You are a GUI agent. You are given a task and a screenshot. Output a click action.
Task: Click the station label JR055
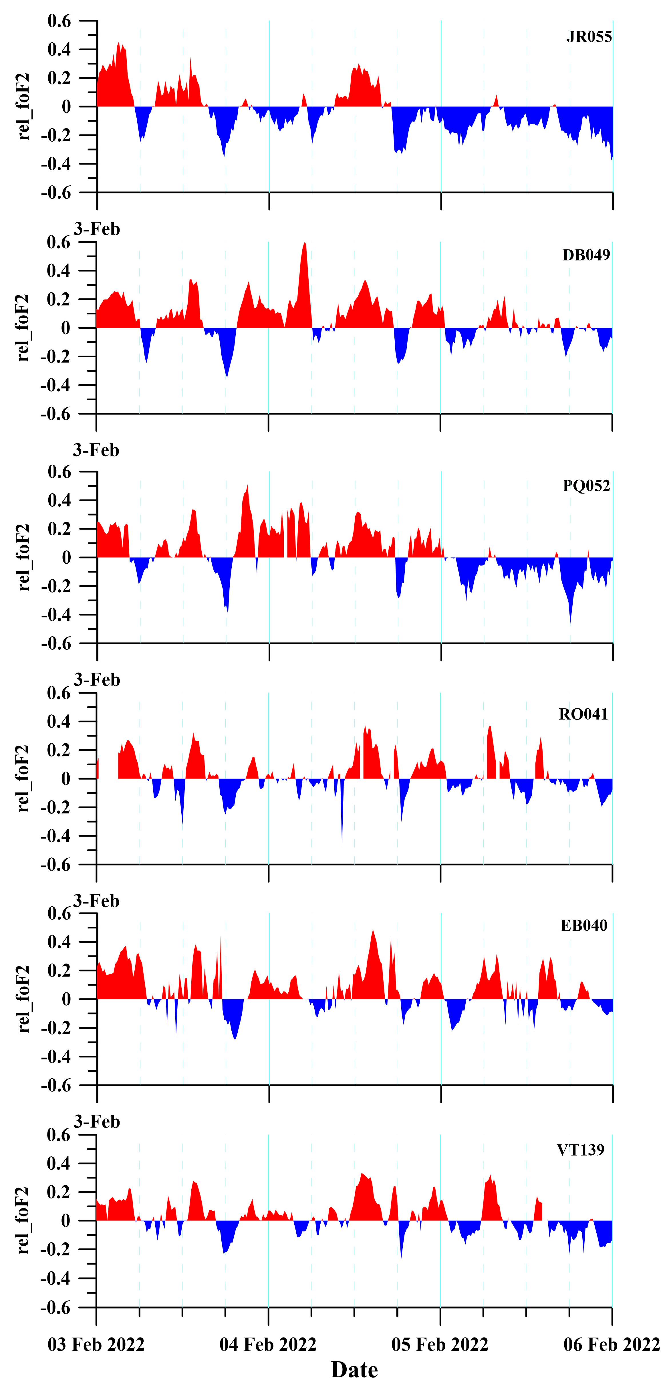pyautogui.click(x=589, y=37)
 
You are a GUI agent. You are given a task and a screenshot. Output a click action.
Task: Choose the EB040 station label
pyautogui.click(x=584, y=926)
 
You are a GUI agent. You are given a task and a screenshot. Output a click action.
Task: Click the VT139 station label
pyautogui.click(x=581, y=1150)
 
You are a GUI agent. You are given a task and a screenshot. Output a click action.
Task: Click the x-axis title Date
pyautogui.click(x=354, y=1370)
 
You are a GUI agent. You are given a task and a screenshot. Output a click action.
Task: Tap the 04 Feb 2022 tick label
pyautogui.click(x=268, y=1345)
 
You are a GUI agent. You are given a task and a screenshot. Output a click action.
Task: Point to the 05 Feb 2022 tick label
pyautogui.click(x=440, y=1345)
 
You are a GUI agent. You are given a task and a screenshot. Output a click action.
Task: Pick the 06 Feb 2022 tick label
pyautogui.click(x=612, y=1345)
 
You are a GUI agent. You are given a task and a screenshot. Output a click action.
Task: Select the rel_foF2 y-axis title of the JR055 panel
pyautogui.click(x=23, y=107)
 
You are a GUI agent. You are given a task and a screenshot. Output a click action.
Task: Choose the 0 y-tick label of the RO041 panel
pyautogui.click(x=66, y=779)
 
